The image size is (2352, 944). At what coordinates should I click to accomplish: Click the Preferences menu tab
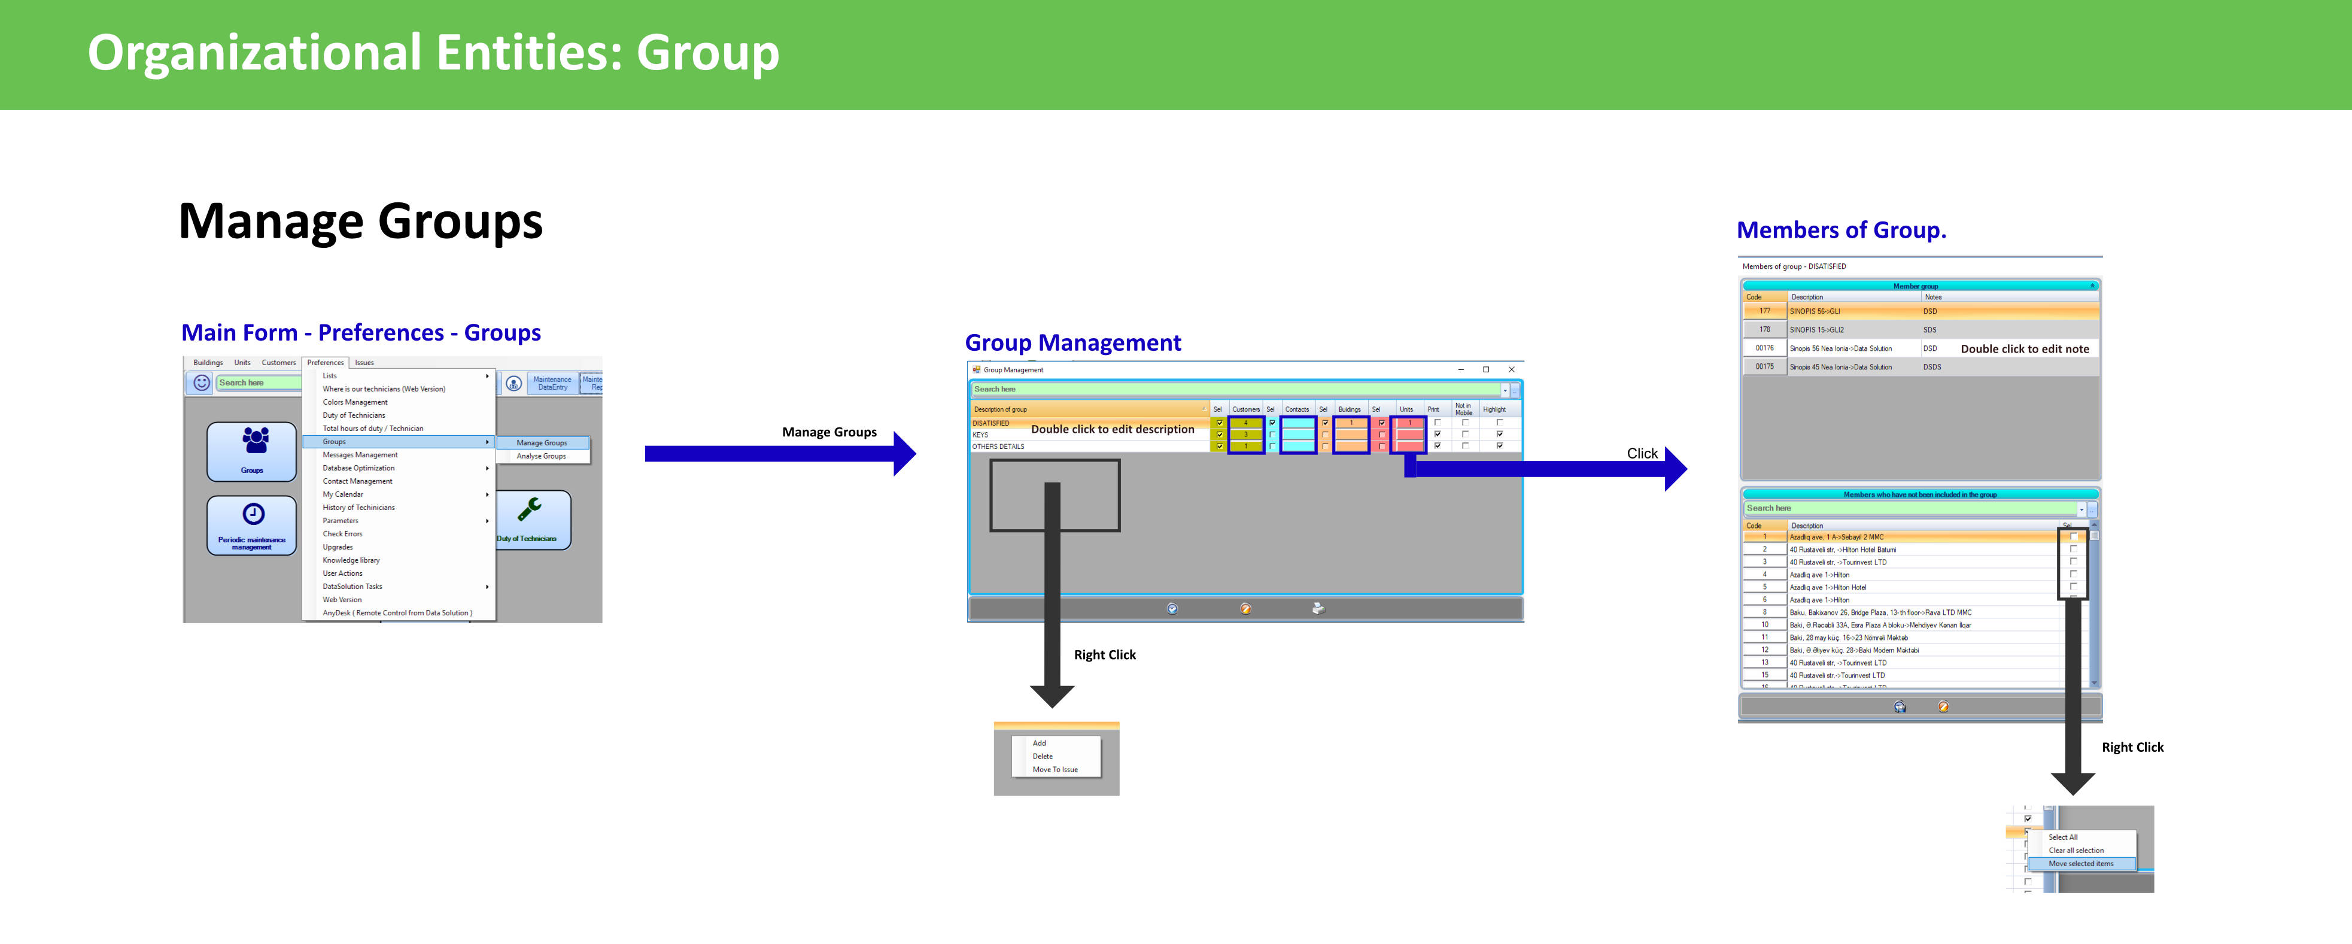tap(325, 362)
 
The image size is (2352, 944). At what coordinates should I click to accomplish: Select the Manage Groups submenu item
tap(542, 443)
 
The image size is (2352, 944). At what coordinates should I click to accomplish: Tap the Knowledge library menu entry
tap(351, 560)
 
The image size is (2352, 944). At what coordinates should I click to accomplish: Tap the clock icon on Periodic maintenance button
tap(253, 514)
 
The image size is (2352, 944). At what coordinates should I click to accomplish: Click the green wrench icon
tap(530, 509)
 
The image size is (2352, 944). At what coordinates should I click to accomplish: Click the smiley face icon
tap(202, 383)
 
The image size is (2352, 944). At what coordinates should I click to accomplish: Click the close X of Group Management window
tap(1511, 370)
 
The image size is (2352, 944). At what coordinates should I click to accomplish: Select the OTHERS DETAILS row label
tap(998, 447)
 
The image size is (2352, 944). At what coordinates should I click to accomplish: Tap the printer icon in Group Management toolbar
tap(1317, 609)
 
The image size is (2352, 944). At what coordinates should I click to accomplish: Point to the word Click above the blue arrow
tap(1642, 454)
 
